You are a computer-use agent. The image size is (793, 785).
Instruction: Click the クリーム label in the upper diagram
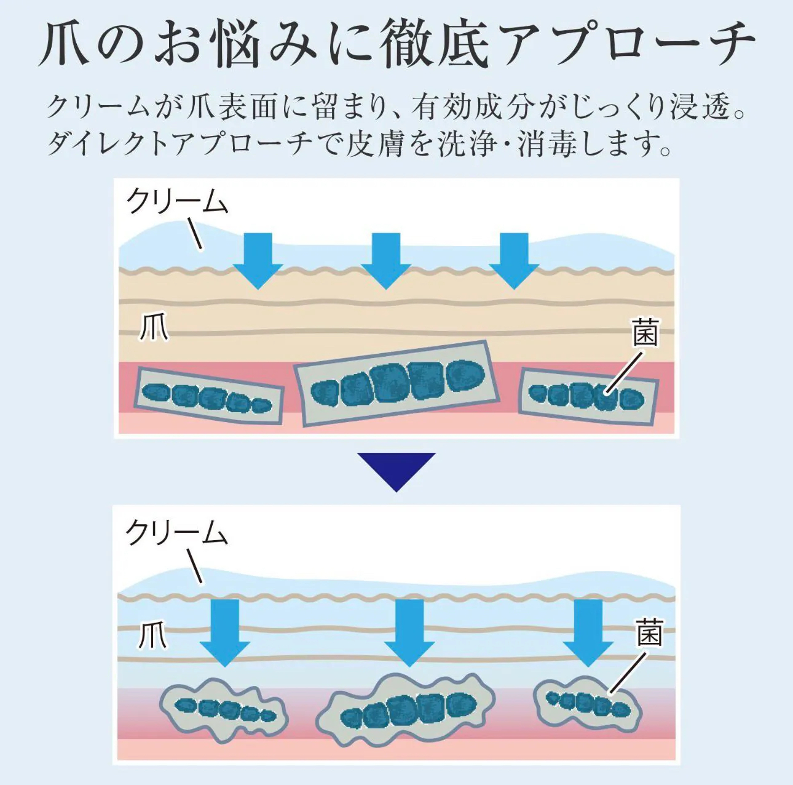177,202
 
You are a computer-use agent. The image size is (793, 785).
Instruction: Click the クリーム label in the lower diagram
176,533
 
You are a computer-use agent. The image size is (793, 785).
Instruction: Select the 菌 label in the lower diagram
649,634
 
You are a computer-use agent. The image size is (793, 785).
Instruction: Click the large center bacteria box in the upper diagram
397,383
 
